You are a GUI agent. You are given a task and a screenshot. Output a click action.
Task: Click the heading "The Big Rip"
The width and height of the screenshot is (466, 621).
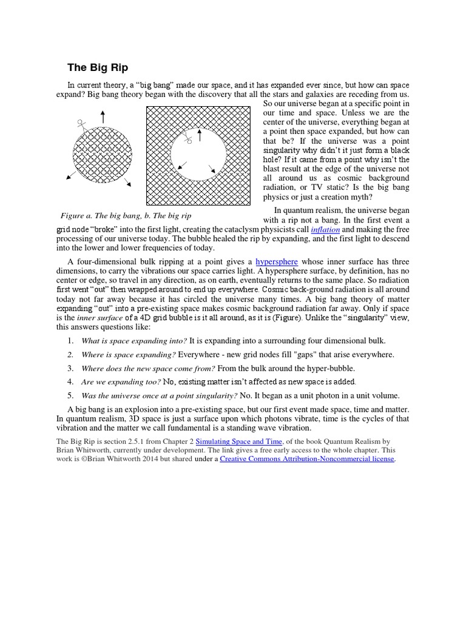click(97, 67)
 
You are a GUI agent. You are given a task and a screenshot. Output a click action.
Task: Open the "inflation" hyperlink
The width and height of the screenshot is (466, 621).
click(325, 230)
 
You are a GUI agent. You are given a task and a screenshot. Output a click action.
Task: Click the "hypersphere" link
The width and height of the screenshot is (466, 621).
click(277, 261)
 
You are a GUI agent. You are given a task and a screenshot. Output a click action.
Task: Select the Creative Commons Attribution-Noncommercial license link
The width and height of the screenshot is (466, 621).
click(307, 459)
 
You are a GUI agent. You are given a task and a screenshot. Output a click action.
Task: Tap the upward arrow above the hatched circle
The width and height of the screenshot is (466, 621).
click(103, 117)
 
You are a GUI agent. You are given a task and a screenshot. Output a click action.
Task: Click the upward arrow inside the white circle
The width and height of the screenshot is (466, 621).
click(199, 134)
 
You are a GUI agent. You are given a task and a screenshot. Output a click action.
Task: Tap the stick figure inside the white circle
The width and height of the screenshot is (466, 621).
click(189, 139)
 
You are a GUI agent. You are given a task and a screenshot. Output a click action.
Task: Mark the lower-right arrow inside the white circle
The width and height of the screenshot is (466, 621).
click(212, 169)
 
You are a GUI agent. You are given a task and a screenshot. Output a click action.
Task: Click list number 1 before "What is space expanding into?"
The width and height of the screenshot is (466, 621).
click(70, 341)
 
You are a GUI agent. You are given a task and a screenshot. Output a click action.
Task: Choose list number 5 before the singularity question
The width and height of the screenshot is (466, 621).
click(70, 395)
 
